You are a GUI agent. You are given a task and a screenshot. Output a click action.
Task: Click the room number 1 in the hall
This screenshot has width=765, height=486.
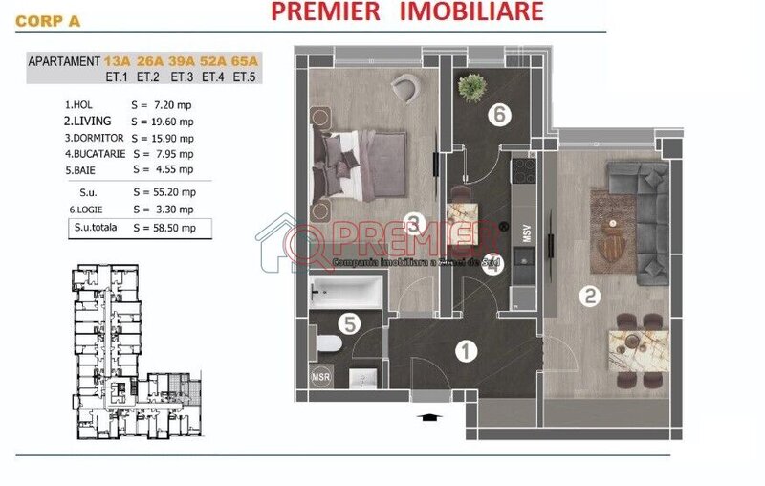click(466, 351)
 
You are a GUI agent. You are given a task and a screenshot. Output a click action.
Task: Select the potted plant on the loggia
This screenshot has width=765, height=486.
click(470, 87)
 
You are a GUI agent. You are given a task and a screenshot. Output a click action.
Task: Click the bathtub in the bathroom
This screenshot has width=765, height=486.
click(345, 290)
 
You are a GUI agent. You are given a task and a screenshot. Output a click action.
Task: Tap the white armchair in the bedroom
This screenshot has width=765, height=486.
click(405, 91)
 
